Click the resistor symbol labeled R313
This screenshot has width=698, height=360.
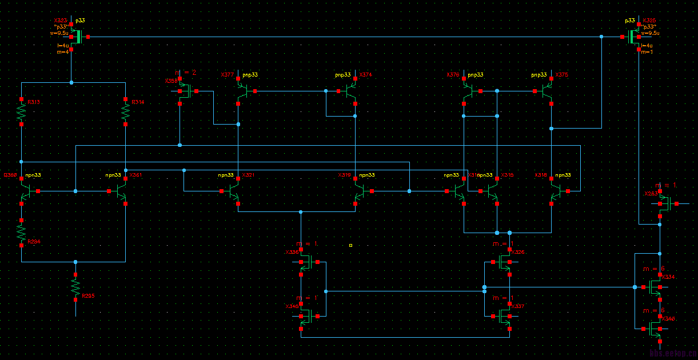[22, 112]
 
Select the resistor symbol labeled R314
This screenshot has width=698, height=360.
[126, 112]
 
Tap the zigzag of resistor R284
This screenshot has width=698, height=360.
[22, 232]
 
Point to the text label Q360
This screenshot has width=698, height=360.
[10, 175]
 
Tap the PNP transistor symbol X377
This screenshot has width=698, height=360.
[242, 91]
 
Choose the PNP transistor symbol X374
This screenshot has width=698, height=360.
[352, 91]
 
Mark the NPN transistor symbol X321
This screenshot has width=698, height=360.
[234, 193]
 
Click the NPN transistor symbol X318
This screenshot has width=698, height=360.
[555, 193]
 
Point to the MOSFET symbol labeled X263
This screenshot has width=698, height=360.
[663, 203]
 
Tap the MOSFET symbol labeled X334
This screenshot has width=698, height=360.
[655, 287]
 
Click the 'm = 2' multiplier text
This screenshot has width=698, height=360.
[186, 73]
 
